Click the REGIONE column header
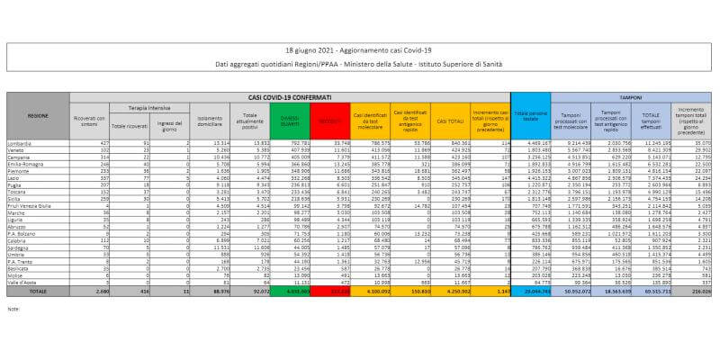pyautogui.click(x=38, y=116)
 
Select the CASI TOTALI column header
pyautogui.click(x=446, y=119)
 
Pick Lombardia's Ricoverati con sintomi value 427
pyautogui.click(x=104, y=141)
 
